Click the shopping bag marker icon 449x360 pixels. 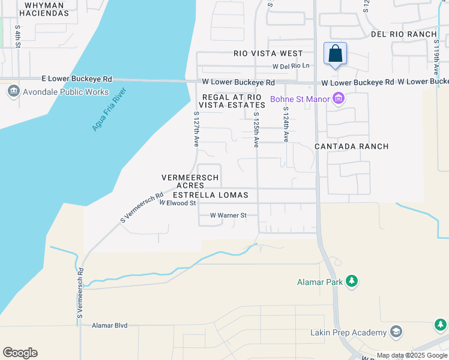coord(335,53)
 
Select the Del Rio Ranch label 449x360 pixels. coord(403,34)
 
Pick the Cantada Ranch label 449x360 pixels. coord(352,146)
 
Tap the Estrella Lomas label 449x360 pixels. coord(215,195)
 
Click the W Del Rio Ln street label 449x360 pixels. coord(291,66)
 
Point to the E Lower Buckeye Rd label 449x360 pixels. coord(77,79)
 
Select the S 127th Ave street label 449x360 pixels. coord(196,128)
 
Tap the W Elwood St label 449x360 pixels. coord(178,203)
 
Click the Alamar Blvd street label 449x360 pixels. coord(110,325)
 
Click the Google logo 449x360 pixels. coord(20,353)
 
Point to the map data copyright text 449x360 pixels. coord(412,355)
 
